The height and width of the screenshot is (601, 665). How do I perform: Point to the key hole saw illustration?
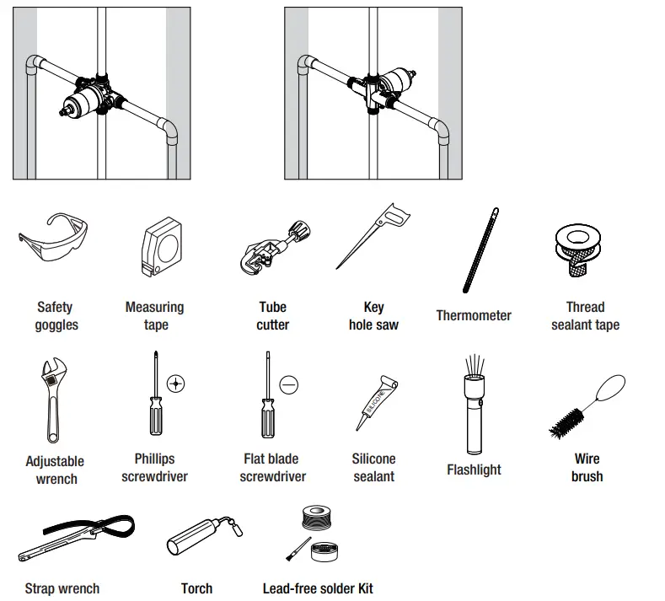(374, 237)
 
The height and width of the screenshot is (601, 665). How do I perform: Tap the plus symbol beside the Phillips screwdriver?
(175, 383)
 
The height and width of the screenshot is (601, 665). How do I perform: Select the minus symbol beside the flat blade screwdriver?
(289, 384)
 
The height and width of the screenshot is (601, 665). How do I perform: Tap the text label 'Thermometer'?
(474, 315)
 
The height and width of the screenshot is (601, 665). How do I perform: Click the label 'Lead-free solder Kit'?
(318, 588)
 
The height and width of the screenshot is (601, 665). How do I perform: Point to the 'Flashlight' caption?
(474, 470)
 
